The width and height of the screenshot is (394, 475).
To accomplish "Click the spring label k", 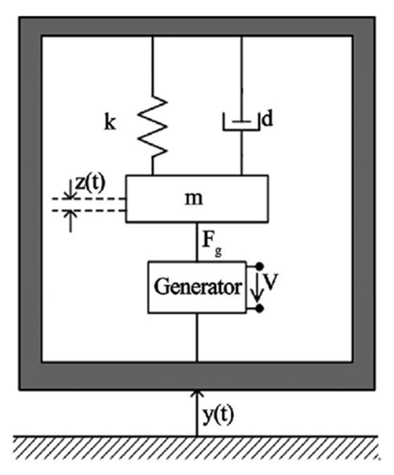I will pyautogui.click(x=110, y=123).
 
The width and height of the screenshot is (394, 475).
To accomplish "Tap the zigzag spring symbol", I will pyautogui.click(x=153, y=126).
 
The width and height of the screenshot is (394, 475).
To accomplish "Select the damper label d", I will pyautogui.click(x=267, y=119).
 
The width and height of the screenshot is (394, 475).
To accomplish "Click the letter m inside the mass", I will pyautogui.click(x=194, y=199).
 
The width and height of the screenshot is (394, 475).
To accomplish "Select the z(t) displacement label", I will pyautogui.click(x=90, y=183).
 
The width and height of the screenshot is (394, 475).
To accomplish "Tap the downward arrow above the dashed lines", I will pyautogui.click(x=70, y=190).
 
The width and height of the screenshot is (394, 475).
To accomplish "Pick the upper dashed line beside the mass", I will pyautogui.click(x=91, y=199).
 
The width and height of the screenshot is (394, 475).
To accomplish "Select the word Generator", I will pyautogui.click(x=198, y=287).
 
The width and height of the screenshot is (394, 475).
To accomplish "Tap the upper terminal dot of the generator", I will pyautogui.click(x=260, y=266).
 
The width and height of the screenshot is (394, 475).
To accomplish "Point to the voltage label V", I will pyautogui.click(x=270, y=283).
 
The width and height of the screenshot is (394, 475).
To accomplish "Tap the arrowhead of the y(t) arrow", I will pyautogui.click(x=197, y=393).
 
